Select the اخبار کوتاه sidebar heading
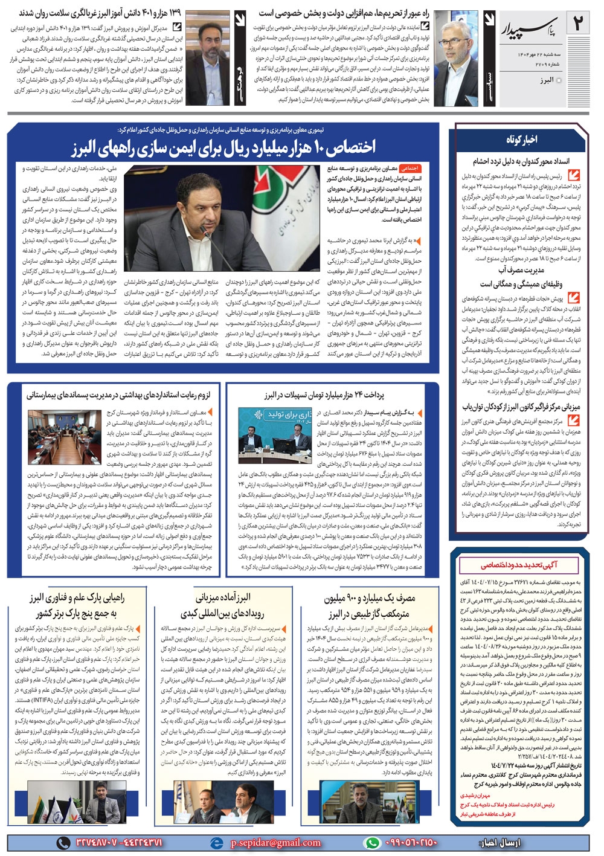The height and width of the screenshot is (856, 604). (521, 140)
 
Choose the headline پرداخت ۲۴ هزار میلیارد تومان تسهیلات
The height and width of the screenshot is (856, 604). (324, 396)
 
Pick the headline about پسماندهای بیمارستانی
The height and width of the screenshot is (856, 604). (118, 396)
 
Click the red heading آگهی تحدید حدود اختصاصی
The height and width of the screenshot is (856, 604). (519, 565)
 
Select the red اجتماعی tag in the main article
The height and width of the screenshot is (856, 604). (411, 169)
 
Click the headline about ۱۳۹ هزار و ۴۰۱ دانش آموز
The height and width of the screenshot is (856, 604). (100, 13)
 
